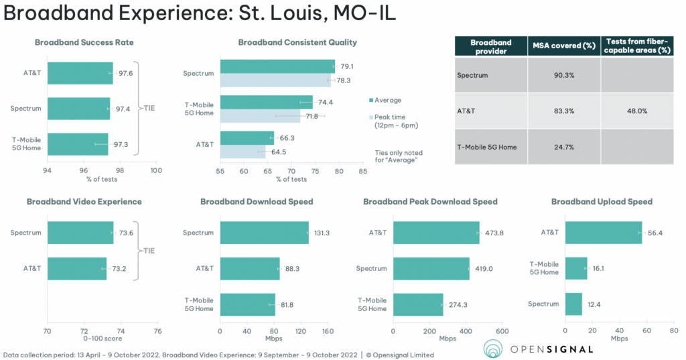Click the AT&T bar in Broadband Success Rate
coord(80,74)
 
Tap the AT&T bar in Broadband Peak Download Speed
coord(436,233)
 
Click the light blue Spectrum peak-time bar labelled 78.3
coord(275,80)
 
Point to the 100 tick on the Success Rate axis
coord(156,171)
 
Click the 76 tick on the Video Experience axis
coord(157,331)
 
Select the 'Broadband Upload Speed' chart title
coord(602,202)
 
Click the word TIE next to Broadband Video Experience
coord(149,250)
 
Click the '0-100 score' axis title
coord(102,339)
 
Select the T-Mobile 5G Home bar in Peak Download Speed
coord(418,304)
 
